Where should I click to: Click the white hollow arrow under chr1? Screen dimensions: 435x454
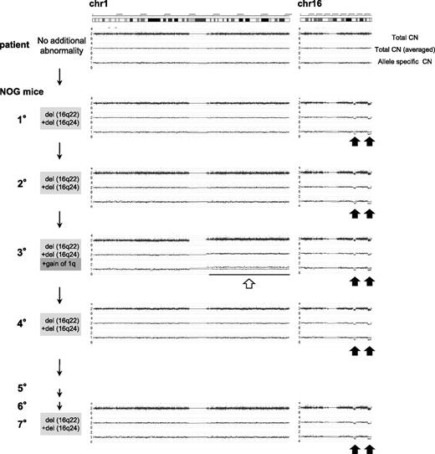(x=248, y=283)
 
